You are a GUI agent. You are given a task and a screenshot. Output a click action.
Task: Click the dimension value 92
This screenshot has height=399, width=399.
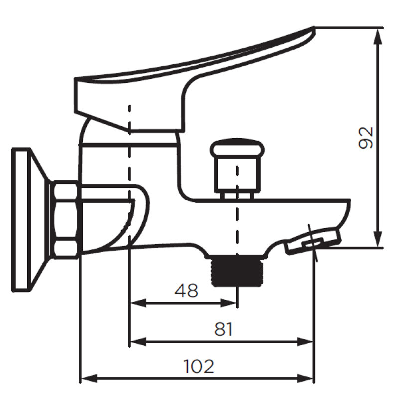click(x=366, y=138)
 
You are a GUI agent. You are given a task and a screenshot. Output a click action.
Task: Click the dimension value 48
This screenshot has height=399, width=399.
click(x=186, y=291)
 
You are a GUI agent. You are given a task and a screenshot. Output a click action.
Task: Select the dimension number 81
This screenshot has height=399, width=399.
click(x=223, y=329)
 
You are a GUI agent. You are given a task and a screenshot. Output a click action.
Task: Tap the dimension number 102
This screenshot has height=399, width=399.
click(x=199, y=366)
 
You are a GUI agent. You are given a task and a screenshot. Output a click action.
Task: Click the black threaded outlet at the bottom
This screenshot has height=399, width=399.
click(x=237, y=270)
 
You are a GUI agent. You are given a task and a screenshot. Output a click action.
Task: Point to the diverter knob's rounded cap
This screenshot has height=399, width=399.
click(x=237, y=147)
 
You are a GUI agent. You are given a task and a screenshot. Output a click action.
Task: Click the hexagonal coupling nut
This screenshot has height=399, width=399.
click(x=66, y=219)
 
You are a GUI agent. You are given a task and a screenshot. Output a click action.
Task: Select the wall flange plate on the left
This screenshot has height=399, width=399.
click(x=30, y=219)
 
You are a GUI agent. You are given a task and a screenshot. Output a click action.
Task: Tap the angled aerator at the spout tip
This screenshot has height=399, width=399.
click(x=313, y=241)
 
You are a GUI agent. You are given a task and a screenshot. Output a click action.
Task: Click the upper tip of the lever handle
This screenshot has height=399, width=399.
click(x=314, y=27)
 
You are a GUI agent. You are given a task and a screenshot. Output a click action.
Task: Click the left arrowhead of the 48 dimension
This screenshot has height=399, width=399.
click(x=138, y=303)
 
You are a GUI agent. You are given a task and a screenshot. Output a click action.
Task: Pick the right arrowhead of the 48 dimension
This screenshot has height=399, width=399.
click(x=229, y=303)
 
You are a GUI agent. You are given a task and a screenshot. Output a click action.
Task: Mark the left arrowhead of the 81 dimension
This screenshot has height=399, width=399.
click(x=138, y=342)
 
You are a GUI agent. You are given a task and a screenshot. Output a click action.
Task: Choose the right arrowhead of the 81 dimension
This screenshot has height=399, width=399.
click(x=305, y=342)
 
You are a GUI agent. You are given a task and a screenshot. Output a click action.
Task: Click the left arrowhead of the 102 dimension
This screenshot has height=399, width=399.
click(x=89, y=379)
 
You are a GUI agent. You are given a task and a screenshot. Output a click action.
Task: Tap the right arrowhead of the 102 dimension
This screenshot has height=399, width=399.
click(x=305, y=379)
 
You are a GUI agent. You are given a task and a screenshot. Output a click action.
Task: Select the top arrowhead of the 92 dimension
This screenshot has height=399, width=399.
click(x=379, y=36)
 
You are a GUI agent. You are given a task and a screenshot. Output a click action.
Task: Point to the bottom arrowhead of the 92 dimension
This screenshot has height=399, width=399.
click(x=379, y=239)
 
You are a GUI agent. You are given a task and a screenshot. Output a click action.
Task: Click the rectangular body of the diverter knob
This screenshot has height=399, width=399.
click(x=238, y=173)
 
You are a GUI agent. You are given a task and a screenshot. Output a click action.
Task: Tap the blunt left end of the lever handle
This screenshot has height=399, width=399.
click(x=76, y=95)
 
